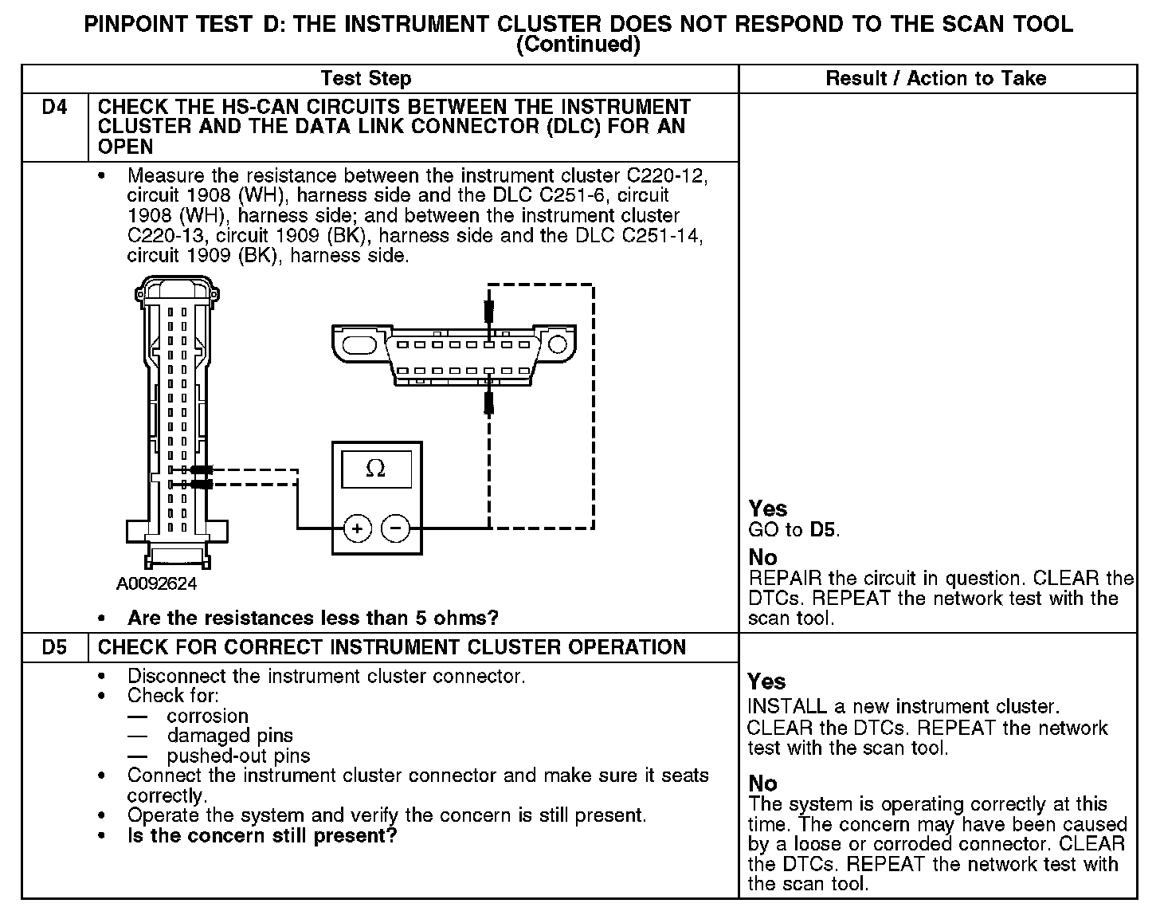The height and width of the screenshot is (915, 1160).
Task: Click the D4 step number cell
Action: click(54, 108)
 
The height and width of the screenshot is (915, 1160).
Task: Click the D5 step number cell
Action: click(54, 647)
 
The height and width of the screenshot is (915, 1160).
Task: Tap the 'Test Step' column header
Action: click(366, 78)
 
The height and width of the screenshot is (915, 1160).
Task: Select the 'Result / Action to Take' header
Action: click(936, 78)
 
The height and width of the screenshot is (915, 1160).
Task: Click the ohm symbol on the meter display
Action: click(375, 469)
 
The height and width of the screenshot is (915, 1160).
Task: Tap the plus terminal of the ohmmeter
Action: click(358, 528)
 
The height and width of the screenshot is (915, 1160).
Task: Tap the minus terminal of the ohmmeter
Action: click(396, 528)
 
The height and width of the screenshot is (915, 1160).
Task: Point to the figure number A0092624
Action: click(156, 584)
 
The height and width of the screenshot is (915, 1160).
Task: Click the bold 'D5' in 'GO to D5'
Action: click(824, 530)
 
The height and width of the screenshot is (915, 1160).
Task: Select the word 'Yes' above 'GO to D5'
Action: click(768, 509)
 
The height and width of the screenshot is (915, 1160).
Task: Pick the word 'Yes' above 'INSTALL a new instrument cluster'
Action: click(766, 681)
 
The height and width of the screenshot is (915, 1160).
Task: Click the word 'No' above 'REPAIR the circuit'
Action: click(762, 557)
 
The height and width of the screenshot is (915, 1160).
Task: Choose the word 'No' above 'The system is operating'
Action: click(762, 783)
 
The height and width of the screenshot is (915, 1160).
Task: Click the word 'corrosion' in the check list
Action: click(207, 716)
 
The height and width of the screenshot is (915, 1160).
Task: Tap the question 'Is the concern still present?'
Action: click(262, 836)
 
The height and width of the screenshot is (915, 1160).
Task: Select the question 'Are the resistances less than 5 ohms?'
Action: click(313, 618)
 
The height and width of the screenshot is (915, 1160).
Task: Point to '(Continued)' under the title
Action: click(578, 45)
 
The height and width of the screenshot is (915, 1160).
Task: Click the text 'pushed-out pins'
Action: click(238, 756)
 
